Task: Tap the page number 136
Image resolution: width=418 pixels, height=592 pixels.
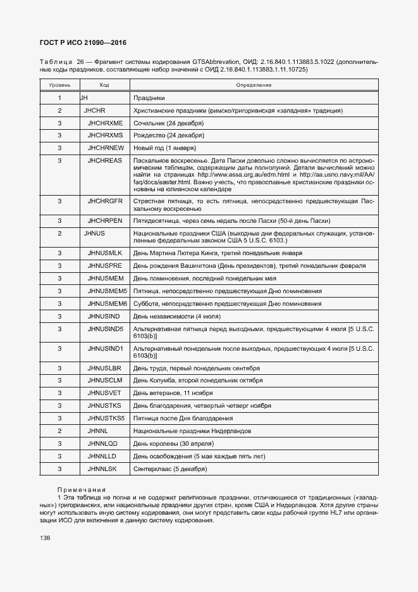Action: tap(45, 538)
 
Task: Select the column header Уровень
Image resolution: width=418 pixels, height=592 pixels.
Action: tap(59, 85)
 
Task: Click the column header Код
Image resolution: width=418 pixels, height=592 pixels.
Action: tap(104, 85)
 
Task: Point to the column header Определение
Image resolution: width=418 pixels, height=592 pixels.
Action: tap(254, 85)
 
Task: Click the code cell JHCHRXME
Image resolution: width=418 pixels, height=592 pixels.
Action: tap(105, 123)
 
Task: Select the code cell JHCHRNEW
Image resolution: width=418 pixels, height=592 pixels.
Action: tap(105, 148)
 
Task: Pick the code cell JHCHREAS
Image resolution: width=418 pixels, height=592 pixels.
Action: tap(105, 161)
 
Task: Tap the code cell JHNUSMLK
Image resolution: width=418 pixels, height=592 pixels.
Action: tap(105, 253)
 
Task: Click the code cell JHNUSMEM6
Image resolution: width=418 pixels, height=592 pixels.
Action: tap(108, 303)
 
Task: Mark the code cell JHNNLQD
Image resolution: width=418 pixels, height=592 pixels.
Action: tap(104, 443)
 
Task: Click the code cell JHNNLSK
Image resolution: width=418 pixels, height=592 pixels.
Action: tap(103, 469)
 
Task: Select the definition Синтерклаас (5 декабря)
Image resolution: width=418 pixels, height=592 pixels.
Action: tap(170, 469)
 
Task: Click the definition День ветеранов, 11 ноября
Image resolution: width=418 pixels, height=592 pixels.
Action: tap(173, 393)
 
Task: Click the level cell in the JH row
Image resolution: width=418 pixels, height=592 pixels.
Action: tap(59, 98)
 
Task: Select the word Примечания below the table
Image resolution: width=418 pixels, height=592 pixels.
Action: tap(82, 489)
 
